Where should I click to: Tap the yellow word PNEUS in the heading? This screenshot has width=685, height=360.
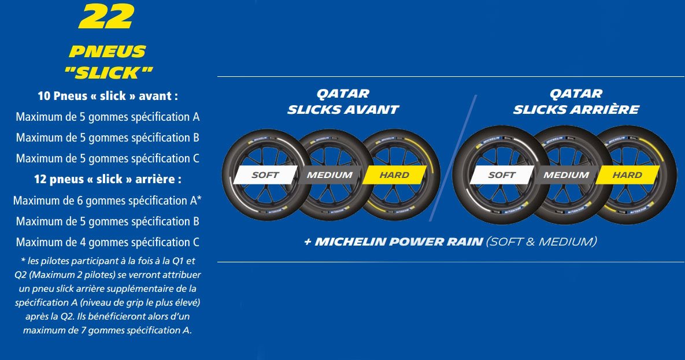pyautogui.click(x=107, y=51)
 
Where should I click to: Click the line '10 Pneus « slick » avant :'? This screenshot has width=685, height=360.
pyautogui.click(x=108, y=96)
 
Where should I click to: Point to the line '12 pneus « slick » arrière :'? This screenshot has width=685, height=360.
pyautogui.click(x=108, y=180)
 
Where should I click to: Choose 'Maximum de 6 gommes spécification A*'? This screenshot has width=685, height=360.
pyautogui.click(x=108, y=201)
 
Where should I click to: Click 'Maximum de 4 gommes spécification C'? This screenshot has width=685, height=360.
pyautogui.click(x=108, y=242)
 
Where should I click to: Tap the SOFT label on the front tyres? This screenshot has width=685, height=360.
pyautogui.click(x=265, y=175)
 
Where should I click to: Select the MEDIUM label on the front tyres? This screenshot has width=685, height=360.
pyautogui.click(x=329, y=175)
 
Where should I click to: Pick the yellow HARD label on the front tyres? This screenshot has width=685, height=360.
pyautogui.click(x=395, y=175)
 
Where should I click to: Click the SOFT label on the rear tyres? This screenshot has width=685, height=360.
pyautogui.click(x=502, y=175)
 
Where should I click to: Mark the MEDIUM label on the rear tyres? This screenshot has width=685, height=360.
pyautogui.click(x=566, y=175)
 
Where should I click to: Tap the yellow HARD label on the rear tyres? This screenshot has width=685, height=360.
pyautogui.click(x=627, y=175)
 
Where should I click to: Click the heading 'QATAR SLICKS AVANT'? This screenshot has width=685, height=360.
pyautogui.click(x=343, y=102)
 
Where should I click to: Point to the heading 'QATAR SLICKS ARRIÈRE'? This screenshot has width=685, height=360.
pyautogui.click(x=576, y=102)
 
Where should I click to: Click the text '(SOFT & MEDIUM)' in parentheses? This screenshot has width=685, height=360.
pyautogui.click(x=542, y=242)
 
